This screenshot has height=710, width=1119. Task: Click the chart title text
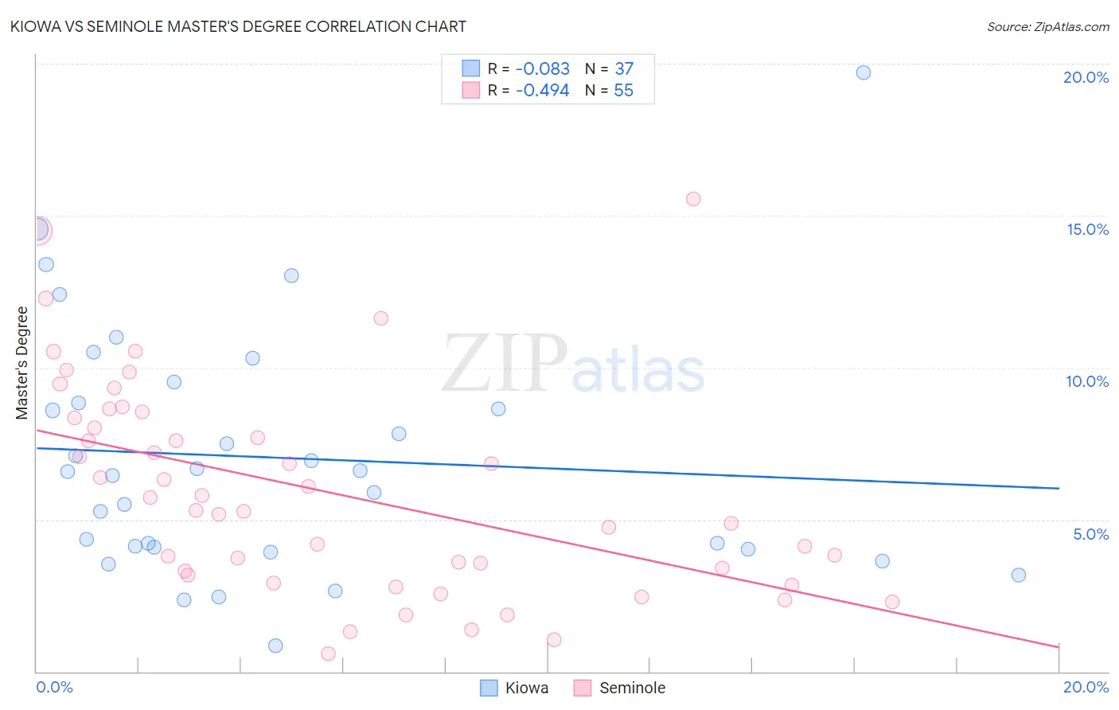[x=238, y=26]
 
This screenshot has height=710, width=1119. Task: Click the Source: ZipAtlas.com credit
[x=1047, y=26]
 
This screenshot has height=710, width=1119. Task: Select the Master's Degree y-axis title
[x=22, y=363]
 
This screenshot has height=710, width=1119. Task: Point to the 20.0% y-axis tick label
[x=1086, y=77]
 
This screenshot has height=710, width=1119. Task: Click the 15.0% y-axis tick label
[x=1087, y=229]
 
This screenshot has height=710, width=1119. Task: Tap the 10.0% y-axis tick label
[x=1087, y=381]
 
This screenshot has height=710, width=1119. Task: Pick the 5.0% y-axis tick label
[x=1090, y=534]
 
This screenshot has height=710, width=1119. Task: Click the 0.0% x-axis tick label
[x=54, y=687]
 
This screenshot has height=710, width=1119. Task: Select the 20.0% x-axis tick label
[x=1086, y=687]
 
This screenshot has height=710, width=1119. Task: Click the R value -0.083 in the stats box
[x=542, y=69]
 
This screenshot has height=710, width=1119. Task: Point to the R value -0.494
[x=542, y=91]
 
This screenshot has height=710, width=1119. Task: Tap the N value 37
[x=623, y=69]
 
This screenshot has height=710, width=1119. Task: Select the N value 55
[x=623, y=91]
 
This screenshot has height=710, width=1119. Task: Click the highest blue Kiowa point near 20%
[x=863, y=72]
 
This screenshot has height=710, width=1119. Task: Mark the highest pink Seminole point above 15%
[x=693, y=199]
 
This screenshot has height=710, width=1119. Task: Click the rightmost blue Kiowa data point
[x=1018, y=575]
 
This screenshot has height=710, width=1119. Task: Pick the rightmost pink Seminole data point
[x=892, y=602]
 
